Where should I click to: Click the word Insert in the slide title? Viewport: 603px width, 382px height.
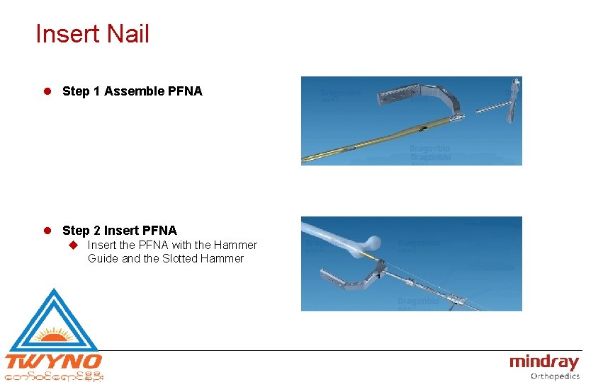67,34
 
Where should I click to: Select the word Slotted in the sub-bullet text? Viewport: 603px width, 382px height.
181,259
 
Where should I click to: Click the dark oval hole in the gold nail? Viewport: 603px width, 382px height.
422,129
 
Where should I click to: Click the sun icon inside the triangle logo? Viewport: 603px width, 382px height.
54,335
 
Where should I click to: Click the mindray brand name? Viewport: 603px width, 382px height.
543,362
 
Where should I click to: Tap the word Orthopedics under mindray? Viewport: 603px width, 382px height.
555,376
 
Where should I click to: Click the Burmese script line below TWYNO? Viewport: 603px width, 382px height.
54,376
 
